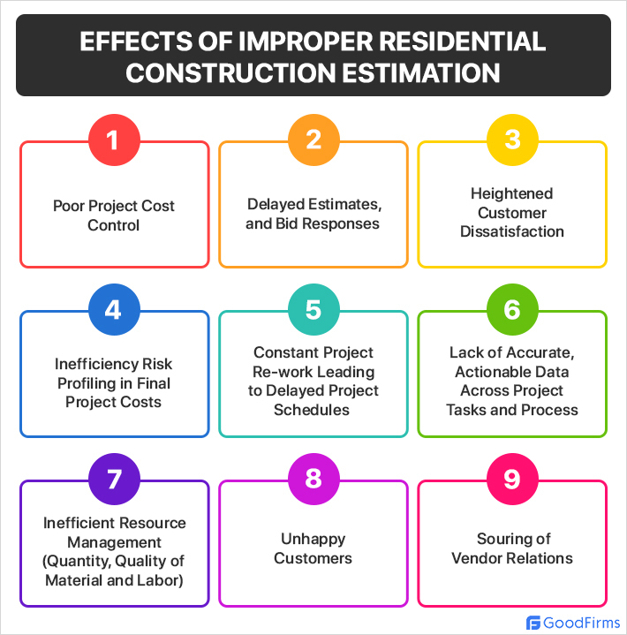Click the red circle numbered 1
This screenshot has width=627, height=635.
(115, 140)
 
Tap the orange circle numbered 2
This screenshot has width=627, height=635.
(313, 140)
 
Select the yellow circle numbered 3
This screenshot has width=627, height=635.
(512, 140)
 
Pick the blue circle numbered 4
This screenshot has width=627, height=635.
(115, 310)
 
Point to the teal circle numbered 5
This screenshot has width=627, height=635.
(313, 310)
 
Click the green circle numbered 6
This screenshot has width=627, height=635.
(512, 310)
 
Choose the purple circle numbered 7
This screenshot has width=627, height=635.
(115, 480)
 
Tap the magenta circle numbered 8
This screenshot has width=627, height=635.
(313, 480)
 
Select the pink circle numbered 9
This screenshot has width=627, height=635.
(512, 480)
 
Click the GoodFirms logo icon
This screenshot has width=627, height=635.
(533, 622)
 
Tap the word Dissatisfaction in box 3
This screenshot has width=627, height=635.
(512, 231)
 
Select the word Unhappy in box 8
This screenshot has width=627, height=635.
(313, 539)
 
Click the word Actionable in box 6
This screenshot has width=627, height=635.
(491, 372)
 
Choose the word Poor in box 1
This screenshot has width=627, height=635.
(70, 206)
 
